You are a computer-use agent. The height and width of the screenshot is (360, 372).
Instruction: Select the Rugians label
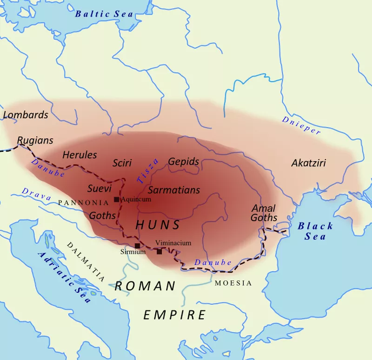[x=35, y=140]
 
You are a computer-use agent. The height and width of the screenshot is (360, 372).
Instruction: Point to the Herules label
[x=80, y=155]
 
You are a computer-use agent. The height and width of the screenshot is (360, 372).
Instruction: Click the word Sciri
[x=122, y=163]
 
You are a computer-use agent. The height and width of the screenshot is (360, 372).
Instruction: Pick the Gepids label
[x=184, y=162]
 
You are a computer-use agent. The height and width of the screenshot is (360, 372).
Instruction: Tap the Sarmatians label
[x=173, y=190]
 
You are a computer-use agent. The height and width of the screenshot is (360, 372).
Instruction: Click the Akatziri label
[x=308, y=164]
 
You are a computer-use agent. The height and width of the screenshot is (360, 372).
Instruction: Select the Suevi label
[x=99, y=189]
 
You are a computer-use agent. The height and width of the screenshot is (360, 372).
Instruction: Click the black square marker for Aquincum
[x=116, y=199]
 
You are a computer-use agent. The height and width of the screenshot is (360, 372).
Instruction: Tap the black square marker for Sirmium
[x=137, y=246]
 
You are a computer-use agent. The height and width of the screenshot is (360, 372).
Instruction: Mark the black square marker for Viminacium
[x=159, y=251]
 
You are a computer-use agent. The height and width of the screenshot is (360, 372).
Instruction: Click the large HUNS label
[x=158, y=225]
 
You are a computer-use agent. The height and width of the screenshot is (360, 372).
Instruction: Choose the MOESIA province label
[x=233, y=283]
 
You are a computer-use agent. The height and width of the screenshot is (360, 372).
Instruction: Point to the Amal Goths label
[x=264, y=213]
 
